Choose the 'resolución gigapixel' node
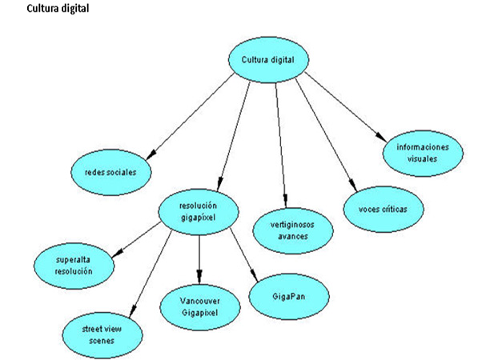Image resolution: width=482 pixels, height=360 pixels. point(199,210)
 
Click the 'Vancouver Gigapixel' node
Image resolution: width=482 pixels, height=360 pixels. point(200,306)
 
